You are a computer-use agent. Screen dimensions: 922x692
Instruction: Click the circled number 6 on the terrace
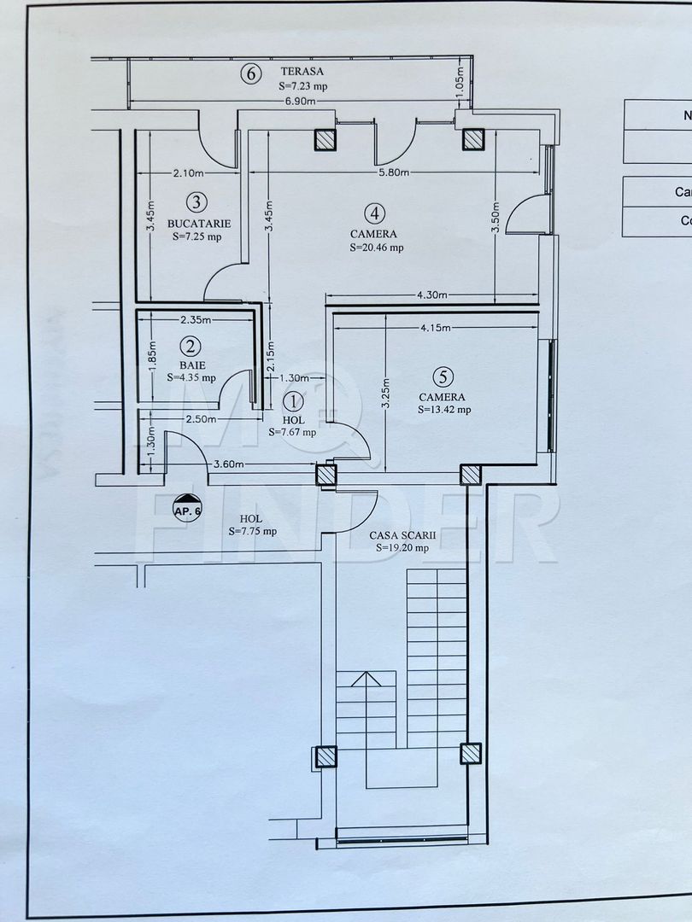(250, 74)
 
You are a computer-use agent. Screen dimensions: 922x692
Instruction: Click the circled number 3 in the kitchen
(196, 201)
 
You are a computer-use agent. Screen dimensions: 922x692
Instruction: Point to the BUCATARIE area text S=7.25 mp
(196, 236)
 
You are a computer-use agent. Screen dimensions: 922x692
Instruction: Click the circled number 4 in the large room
(373, 213)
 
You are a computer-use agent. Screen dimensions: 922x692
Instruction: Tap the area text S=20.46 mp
(376, 248)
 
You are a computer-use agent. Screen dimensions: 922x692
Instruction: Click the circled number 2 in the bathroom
(191, 346)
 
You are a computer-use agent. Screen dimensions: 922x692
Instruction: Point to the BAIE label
(191, 364)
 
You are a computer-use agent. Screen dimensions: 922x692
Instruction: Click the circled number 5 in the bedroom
(441, 376)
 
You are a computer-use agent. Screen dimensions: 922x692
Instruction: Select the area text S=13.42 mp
(444, 409)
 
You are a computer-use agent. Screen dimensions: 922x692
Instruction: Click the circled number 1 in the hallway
(292, 400)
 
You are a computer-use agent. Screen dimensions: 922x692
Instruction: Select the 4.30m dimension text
(431, 295)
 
